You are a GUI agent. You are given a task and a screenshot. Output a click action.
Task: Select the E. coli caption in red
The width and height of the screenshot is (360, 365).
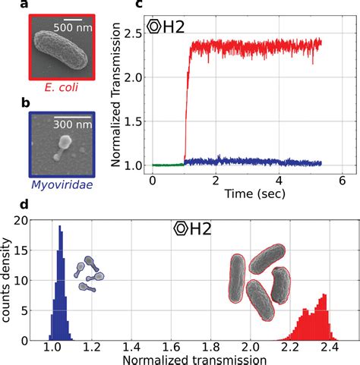point(58,95)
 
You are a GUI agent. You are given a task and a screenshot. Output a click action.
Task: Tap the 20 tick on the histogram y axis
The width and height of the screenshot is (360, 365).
point(22,221)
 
